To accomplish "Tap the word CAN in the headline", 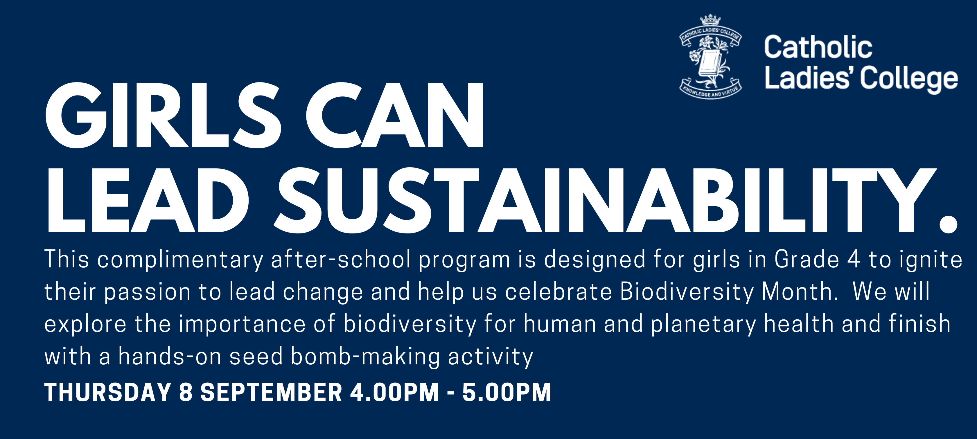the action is [395, 115].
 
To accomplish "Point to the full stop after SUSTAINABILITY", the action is [948, 224].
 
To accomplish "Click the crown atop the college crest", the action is [710, 20].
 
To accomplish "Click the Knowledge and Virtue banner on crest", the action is [710, 89].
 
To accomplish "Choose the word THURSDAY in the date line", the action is [108, 392].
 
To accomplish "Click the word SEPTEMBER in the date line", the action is [271, 392].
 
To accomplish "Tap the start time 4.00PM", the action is [394, 392].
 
